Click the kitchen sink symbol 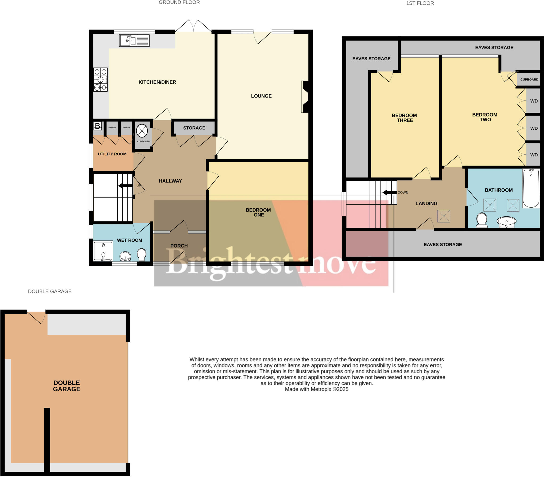click(x=134, y=41)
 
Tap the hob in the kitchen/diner click(x=100, y=79)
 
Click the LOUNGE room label click(x=261, y=96)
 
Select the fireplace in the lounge click(x=305, y=97)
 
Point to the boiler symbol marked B click(x=98, y=126)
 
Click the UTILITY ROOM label click(x=112, y=154)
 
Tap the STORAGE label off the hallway click(x=194, y=128)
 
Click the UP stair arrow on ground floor click(x=125, y=185)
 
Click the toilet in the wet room click(x=141, y=255)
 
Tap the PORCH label click(x=179, y=246)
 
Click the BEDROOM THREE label click(x=404, y=118)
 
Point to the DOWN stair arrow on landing click(x=389, y=192)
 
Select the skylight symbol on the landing click(x=444, y=216)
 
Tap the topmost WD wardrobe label click(x=534, y=101)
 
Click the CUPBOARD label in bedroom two click(x=529, y=79)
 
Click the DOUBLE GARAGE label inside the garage click(x=67, y=386)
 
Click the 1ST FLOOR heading click(x=420, y=3)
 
